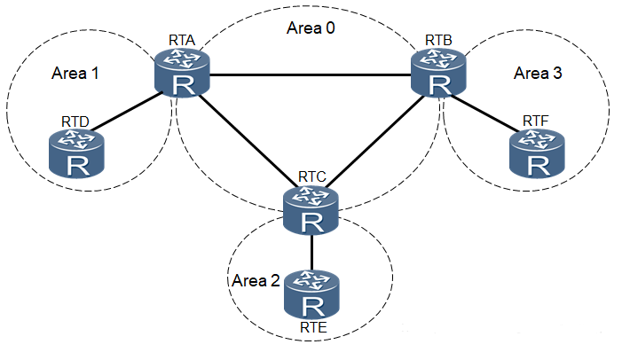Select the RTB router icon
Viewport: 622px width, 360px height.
(x=439, y=72)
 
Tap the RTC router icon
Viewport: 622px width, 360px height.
(x=311, y=210)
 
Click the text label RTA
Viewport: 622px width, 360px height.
(x=183, y=41)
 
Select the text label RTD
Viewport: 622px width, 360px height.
(x=75, y=120)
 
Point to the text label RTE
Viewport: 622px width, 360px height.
(x=312, y=331)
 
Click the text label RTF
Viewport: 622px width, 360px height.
(x=535, y=120)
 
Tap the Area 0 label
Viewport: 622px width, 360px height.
(x=311, y=27)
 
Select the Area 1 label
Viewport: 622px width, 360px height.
(x=75, y=74)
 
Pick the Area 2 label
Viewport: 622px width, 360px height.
(x=256, y=281)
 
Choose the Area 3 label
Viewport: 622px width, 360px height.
(x=538, y=73)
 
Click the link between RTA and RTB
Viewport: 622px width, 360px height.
(x=311, y=74)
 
